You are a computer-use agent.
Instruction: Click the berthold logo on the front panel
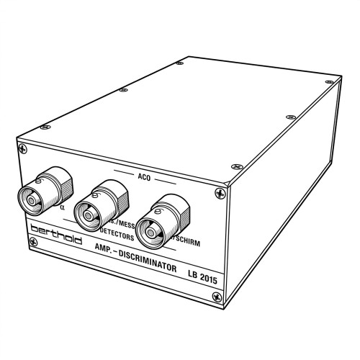[x=56, y=234]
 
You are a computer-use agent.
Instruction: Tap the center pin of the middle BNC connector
[x=86, y=215]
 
